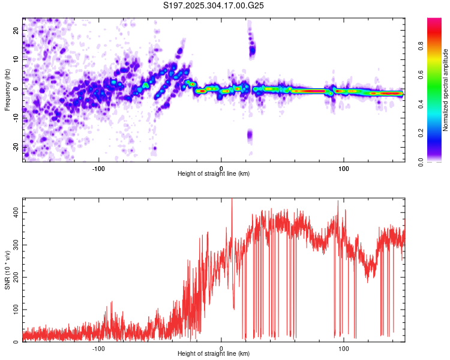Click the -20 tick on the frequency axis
(x=15, y=148)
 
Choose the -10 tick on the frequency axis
(x=15, y=118)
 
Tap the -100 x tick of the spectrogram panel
(x=99, y=167)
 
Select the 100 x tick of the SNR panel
(x=344, y=347)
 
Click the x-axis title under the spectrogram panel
(x=214, y=173)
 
